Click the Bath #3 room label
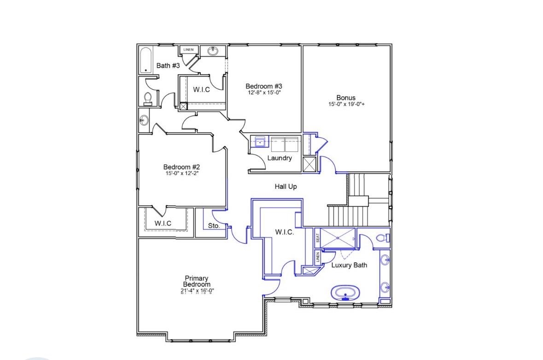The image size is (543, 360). pyautogui.click(x=168, y=65)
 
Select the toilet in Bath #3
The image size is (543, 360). pyautogui.click(x=148, y=99)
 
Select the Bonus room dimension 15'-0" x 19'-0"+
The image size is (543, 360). pyautogui.click(x=346, y=104)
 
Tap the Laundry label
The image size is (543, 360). pyautogui.click(x=280, y=158)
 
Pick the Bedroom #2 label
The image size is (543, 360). pyautogui.click(x=181, y=167)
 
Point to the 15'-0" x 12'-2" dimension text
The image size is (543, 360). pyautogui.click(x=181, y=173)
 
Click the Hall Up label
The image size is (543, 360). pyautogui.click(x=286, y=186)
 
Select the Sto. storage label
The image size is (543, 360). pyautogui.click(x=214, y=226)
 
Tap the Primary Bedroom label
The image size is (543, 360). pyautogui.click(x=197, y=281)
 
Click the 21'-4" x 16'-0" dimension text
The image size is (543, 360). pyautogui.click(x=197, y=291)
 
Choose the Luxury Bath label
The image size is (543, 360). pyautogui.click(x=349, y=265)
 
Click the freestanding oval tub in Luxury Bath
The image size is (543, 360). pyautogui.click(x=345, y=292)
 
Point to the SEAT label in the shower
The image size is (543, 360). pyautogui.click(x=317, y=238)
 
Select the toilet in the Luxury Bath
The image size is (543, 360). pyautogui.click(x=383, y=238)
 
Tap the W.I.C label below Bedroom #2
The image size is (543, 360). pyautogui.click(x=163, y=223)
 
